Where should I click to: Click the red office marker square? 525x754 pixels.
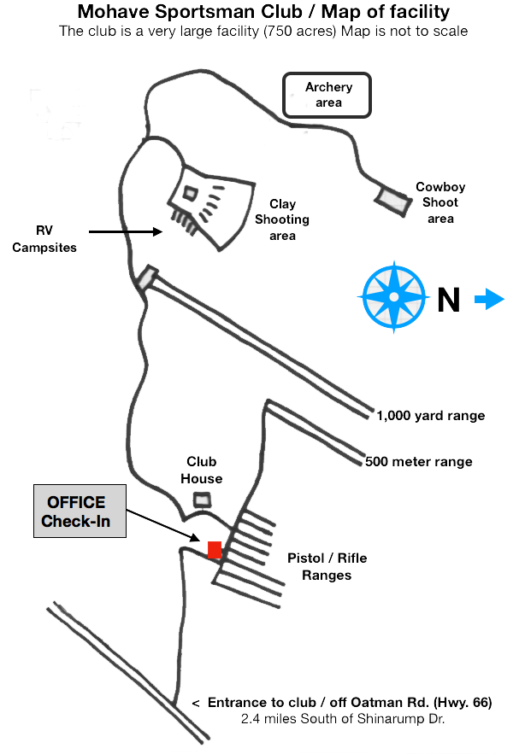pyautogui.click(x=215, y=549)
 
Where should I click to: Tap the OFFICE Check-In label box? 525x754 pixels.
pyautogui.click(x=80, y=512)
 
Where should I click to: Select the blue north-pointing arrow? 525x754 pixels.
pyautogui.click(x=490, y=299)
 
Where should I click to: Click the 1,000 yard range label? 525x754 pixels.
pyautogui.click(x=432, y=416)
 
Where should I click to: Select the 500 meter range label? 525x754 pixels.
pyautogui.click(x=419, y=462)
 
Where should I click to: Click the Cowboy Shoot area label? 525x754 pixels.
pyautogui.click(x=440, y=203)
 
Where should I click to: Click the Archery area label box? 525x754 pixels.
pyautogui.click(x=327, y=95)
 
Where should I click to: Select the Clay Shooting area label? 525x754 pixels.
pyautogui.click(x=282, y=219)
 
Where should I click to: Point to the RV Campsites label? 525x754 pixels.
pyautogui.click(x=44, y=240)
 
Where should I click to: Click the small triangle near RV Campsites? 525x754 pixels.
pyautogui.click(x=156, y=231)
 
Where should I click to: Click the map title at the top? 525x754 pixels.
pyautogui.click(x=263, y=12)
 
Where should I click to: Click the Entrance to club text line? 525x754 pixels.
pyautogui.click(x=342, y=702)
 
